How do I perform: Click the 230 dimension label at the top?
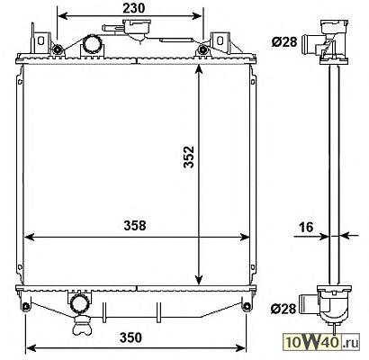coord(133,8)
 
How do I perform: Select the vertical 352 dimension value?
coord(189,157)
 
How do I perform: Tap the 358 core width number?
coord(135,226)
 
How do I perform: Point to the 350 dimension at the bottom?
coord(130,337)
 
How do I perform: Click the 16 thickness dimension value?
coord(307,227)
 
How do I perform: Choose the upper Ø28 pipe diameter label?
coord(284,42)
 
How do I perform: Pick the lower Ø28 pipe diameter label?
coord(283,309)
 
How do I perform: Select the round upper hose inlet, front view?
coord(93,44)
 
